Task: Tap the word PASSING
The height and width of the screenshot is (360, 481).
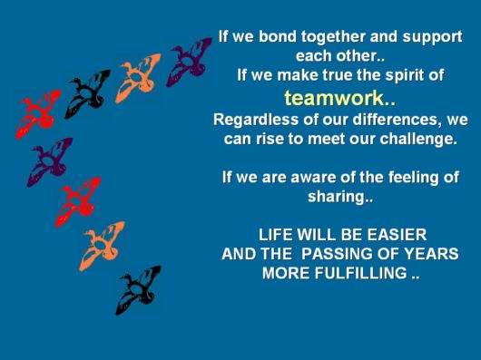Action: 331,254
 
